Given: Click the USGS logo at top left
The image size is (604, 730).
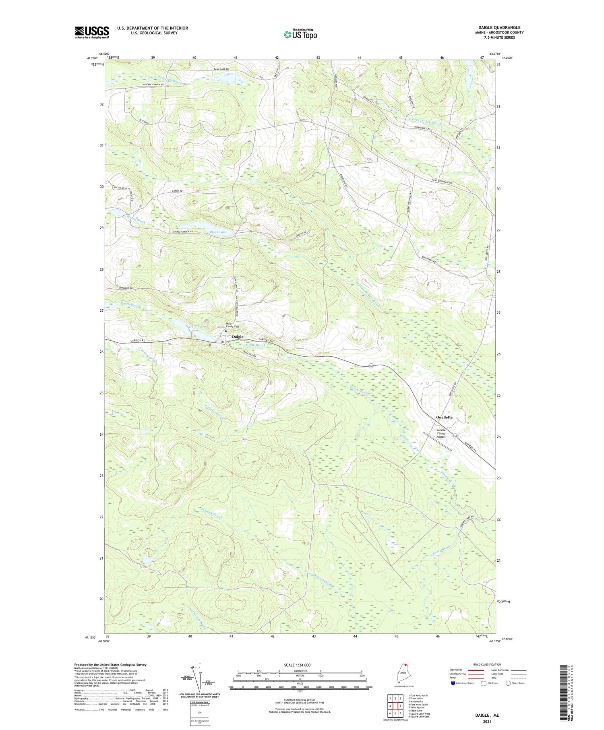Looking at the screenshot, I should [x=92, y=32].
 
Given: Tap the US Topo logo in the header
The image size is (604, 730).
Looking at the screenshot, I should [x=300, y=34].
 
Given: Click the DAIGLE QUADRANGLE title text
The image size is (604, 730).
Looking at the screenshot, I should [x=499, y=28].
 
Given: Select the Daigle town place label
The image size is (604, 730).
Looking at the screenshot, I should [x=238, y=337].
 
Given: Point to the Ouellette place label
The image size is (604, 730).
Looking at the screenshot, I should [x=444, y=417].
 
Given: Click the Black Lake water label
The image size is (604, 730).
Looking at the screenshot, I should [x=218, y=232].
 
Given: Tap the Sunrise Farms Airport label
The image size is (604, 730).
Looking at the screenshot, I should [x=441, y=433].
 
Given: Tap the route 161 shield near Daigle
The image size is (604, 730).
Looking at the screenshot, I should [x=223, y=342].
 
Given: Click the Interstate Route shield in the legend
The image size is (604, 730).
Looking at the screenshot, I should [x=453, y=683].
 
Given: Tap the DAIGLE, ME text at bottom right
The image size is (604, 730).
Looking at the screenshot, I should [x=487, y=716].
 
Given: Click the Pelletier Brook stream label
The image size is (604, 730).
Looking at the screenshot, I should [x=214, y=412].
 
